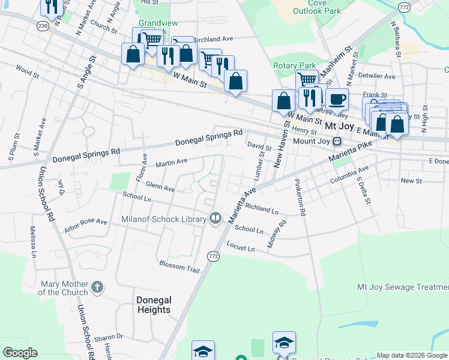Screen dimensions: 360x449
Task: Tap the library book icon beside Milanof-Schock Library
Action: coord(215,218)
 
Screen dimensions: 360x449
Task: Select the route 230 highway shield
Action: coord(42,26)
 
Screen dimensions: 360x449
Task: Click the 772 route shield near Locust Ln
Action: coord(214,256)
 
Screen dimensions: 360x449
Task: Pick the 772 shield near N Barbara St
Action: coord(403,7)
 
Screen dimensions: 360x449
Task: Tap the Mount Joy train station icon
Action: coord(337,142)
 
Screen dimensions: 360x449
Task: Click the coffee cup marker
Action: coord(337,99)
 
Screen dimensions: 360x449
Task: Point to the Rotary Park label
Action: coord(294,65)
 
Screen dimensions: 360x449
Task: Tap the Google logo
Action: coord(20,353)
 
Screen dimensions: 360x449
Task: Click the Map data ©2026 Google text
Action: coord(411,355)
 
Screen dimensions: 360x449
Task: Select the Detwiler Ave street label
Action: coord(377,77)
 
